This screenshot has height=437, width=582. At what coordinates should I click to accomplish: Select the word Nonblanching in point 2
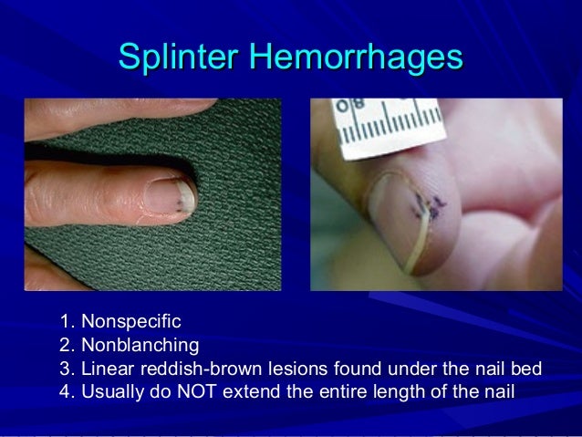click(140, 346)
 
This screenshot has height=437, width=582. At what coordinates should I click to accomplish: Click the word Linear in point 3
click(105, 369)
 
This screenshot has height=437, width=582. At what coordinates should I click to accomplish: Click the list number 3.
click(64, 369)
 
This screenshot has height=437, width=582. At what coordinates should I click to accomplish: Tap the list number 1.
click(64, 322)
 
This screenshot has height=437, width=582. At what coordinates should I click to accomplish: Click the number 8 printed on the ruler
click(358, 105)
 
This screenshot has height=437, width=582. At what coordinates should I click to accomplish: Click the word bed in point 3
click(527, 369)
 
